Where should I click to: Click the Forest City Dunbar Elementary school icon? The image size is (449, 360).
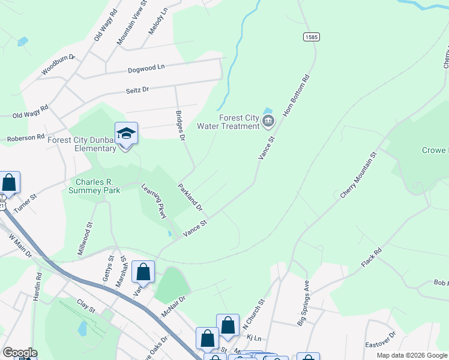126,133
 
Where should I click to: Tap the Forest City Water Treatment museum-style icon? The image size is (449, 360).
268,122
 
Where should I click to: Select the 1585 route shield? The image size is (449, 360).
311,37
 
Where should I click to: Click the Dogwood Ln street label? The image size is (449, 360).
146,69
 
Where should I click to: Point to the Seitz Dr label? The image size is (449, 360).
137,89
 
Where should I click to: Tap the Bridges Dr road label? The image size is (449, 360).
179,124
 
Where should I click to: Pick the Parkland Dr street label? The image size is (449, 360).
191,197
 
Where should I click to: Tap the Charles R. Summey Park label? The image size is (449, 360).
98,186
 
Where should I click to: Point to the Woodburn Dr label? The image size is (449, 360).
58,65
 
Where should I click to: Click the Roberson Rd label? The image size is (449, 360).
26,138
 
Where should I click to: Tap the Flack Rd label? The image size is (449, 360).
372,258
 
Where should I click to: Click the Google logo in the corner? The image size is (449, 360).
20,353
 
